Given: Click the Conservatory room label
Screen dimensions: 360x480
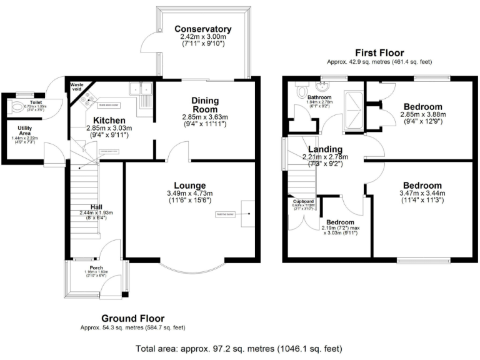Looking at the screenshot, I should point(203,29).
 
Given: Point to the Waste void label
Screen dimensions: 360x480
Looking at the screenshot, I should point(77,87).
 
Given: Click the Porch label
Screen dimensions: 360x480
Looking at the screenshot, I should point(96,267).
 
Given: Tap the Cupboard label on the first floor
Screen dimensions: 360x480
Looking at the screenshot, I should point(304,201).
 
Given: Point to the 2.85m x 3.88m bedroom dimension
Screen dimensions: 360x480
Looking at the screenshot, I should point(422,115).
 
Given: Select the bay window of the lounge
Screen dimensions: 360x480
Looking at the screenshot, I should point(190,267).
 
